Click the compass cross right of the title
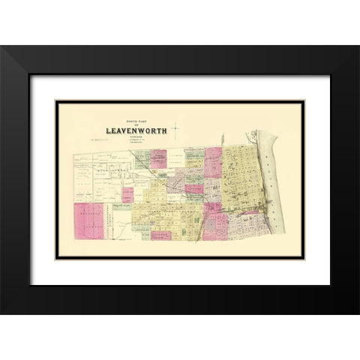coord(174,128)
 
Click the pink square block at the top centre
coord(157,158)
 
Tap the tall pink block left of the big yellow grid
coord(213,161)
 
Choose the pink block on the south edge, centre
coord(160,235)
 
